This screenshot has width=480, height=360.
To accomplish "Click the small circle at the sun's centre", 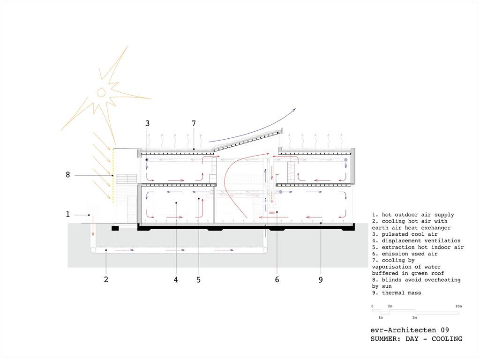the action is tap(101, 92).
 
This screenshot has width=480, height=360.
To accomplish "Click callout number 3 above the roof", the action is tap(148, 123).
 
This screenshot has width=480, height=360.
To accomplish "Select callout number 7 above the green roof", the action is tap(194, 123).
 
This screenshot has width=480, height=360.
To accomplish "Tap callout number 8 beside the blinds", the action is tap(68, 174).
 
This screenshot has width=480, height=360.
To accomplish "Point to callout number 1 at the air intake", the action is tap(68, 214).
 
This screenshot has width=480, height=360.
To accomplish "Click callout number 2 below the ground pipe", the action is tap(106, 279).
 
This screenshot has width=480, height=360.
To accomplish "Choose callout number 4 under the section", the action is tap(176, 279).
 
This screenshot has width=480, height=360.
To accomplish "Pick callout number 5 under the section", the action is tap(198, 279).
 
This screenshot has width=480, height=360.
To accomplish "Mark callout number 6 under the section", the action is tap(277, 279).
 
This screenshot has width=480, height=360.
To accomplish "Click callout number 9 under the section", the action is tap(321, 279).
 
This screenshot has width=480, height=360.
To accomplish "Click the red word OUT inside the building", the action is tap(272, 212).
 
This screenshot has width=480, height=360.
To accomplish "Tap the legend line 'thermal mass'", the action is tap(397, 293).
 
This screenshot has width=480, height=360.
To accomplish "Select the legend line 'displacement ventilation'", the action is tap(416, 241).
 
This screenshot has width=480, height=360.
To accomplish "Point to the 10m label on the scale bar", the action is tap(458, 306).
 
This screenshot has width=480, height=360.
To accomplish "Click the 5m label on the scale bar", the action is tap(414, 317).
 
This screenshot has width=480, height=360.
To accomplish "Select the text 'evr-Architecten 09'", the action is tap(410, 330).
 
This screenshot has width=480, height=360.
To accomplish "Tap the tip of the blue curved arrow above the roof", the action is tap(296, 108).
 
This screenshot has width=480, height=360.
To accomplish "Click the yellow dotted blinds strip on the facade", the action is tap(113, 176).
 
